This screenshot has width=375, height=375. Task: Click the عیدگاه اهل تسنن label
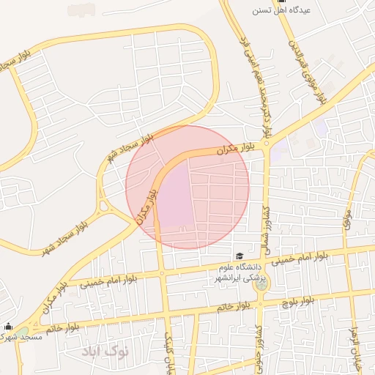tap(282, 10)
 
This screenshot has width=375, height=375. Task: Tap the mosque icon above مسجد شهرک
tap(8, 326)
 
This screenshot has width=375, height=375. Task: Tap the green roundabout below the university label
tap(259, 283)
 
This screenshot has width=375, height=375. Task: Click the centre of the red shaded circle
tap(187, 187)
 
